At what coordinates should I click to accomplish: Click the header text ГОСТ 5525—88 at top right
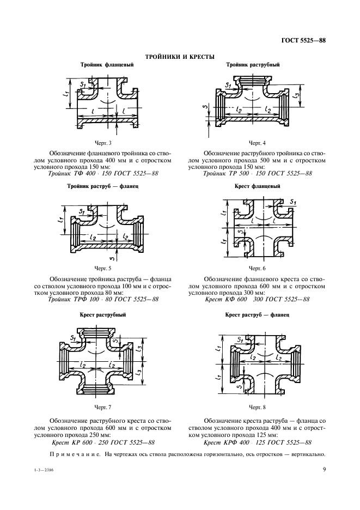click(303, 41)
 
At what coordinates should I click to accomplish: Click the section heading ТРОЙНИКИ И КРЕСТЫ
click(180, 57)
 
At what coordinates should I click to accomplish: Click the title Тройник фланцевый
click(107, 65)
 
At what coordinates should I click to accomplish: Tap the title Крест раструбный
click(103, 315)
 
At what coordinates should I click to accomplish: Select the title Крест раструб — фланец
click(257, 315)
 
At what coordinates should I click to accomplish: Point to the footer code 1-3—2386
click(44, 470)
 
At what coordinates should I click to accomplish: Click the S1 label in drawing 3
click(83, 84)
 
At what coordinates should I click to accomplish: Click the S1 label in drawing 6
click(292, 203)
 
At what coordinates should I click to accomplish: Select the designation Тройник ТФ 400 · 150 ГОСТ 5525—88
click(103, 173)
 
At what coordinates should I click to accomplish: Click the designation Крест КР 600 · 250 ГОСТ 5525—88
click(103, 442)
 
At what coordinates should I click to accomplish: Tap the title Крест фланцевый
click(257, 186)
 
